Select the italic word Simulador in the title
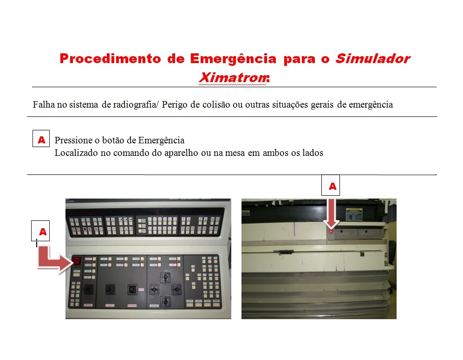coord(372,59)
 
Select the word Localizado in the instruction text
coord(76,152)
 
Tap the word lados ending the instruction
coord(313,152)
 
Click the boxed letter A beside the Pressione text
coord(41,139)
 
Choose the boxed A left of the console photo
coord(43,231)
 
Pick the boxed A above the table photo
coord(332,186)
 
